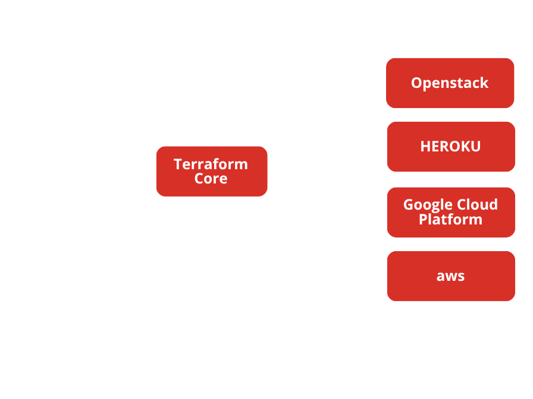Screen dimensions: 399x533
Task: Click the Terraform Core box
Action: pos(211,171)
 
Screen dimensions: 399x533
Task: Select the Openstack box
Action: pos(450,83)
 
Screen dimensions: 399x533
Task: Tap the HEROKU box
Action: pos(450,147)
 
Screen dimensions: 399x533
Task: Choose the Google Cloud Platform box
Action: pos(450,212)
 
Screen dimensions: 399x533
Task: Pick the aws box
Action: pos(450,276)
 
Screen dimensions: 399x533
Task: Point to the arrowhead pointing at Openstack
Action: pos(381,89)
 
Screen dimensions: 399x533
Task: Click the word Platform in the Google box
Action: pos(450,219)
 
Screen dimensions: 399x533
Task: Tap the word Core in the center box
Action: pos(211,178)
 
